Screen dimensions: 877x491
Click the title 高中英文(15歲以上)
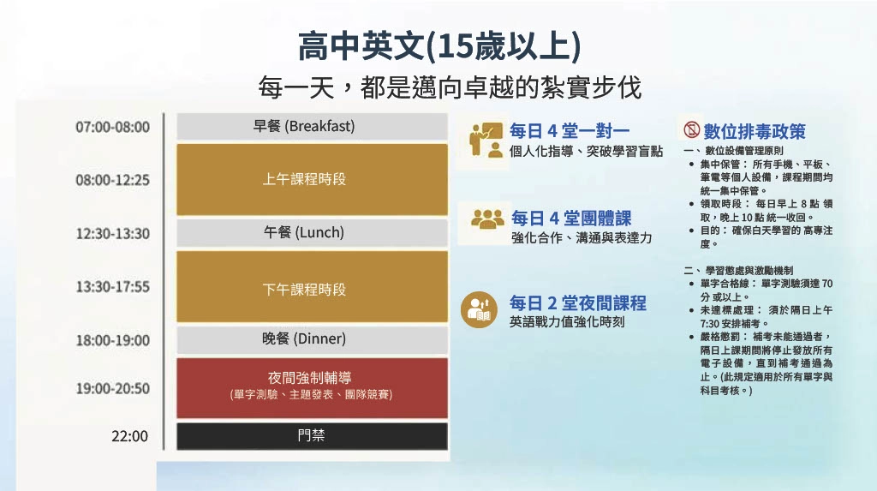pyautogui.click(x=439, y=46)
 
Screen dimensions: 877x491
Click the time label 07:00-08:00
pyautogui.click(x=113, y=127)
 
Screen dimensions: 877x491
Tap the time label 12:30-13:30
pyautogui.click(x=113, y=233)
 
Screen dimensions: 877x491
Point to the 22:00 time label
pyautogui.click(x=130, y=436)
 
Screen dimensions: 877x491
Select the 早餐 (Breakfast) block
pyautogui.click(x=312, y=126)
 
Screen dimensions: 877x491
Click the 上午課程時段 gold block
pyautogui.click(x=312, y=179)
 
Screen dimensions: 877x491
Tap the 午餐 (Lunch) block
pyautogui.click(x=312, y=232)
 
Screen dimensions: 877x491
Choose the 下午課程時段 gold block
pyautogui.click(x=312, y=287)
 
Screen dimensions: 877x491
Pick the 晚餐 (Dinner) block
pyautogui.click(x=312, y=339)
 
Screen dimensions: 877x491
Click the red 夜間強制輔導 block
pyautogui.click(x=312, y=387)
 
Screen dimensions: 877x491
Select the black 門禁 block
pyautogui.click(x=312, y=435)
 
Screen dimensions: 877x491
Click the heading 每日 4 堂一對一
pyautogui.click(x=570, y=131)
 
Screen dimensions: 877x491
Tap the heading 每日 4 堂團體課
pyautogui.click(x=571, y=218)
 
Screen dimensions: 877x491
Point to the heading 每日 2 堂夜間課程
pyautogui.click(x=578, y=302)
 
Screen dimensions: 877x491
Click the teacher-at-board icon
pyautogui.click(x=486, y=140)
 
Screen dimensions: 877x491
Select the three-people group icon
pyautogui.click(x=487, y=219)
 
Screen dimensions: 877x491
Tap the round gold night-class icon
pyautogui.click(x=479, y=309)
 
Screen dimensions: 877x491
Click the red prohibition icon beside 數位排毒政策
pyautogui.click(x=692, y=130)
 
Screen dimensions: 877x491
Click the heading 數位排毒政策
pyautogui.click(x=755, y=132)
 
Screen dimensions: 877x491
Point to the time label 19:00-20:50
pyautogui.click(x=113, y=388)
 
